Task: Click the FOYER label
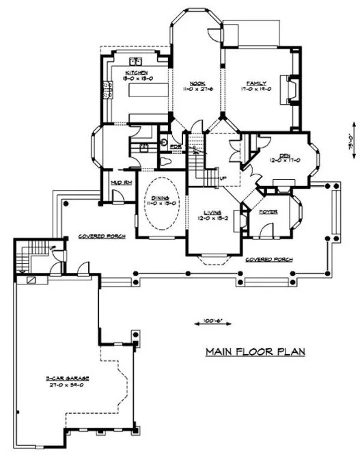click(267, 212)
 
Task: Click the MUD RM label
click(113, 183)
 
